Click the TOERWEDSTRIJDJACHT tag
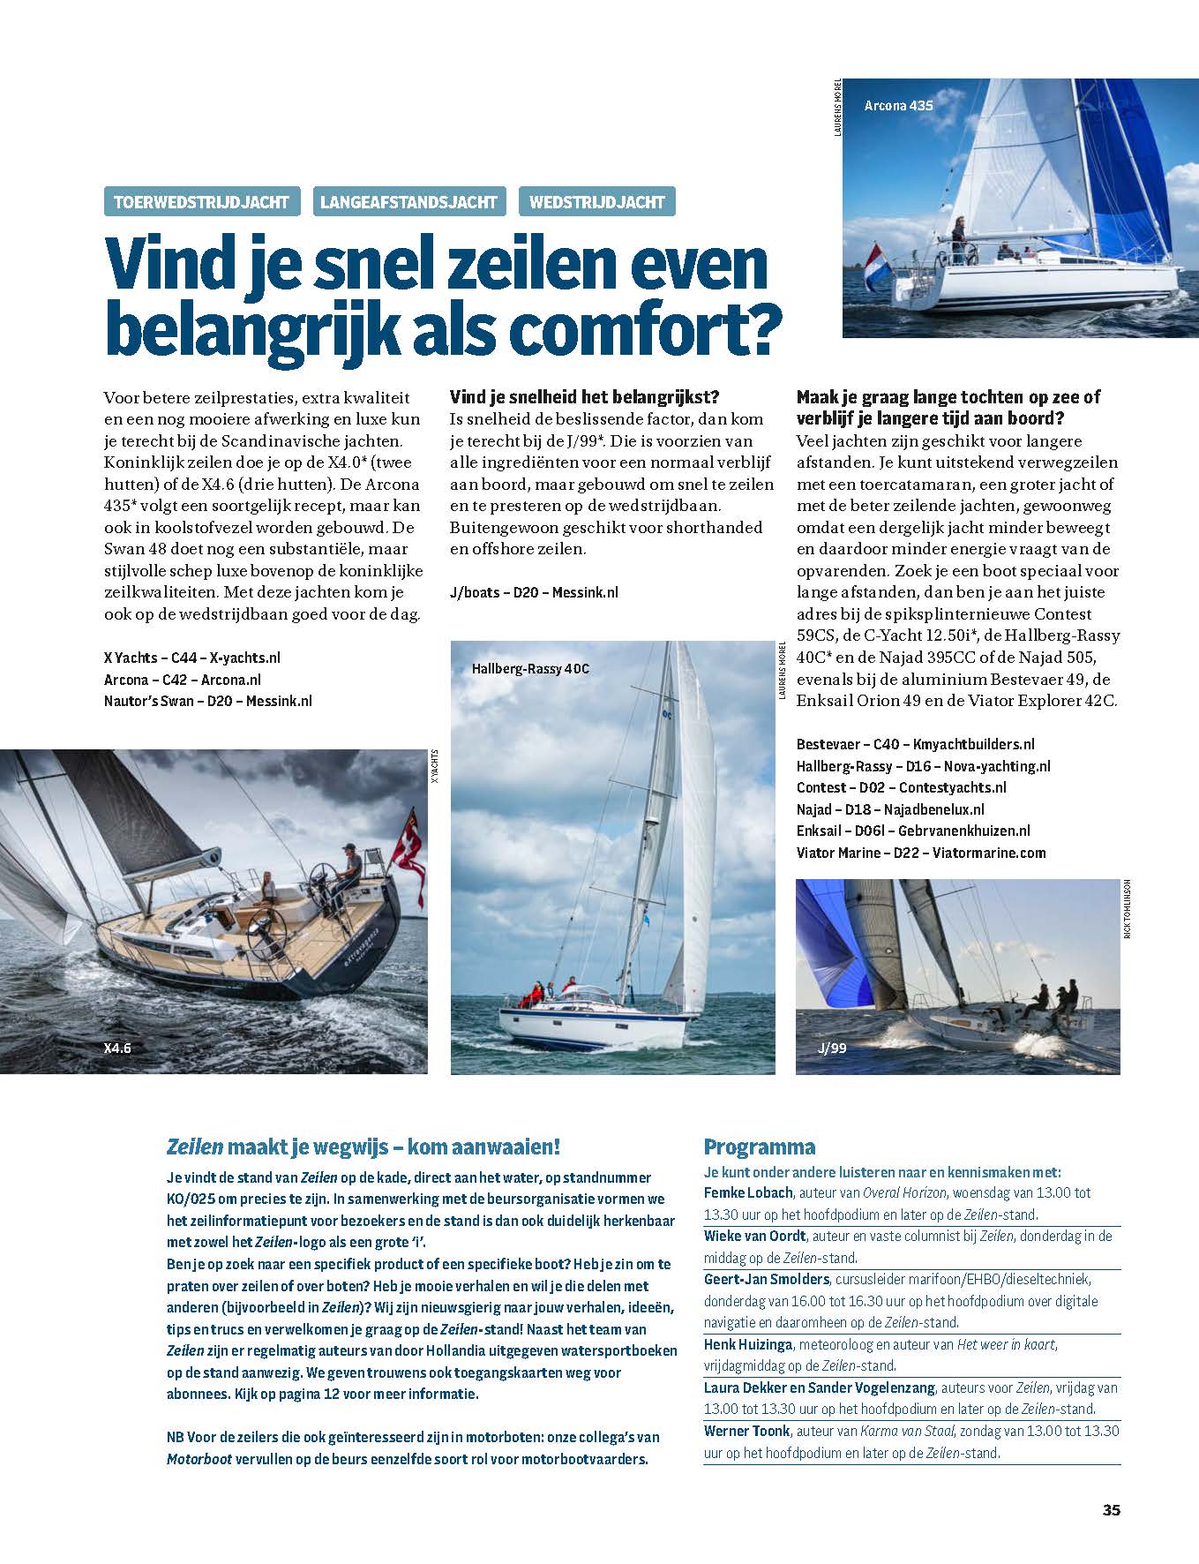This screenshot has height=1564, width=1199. [202, 202]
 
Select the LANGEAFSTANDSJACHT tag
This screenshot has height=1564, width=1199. [409, 202]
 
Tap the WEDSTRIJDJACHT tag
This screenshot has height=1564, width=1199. [597, 202]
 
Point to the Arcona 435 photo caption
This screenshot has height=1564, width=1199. [898, 105]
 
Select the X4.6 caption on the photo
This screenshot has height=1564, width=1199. [117, 1049]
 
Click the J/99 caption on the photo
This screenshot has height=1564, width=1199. [832, 1049]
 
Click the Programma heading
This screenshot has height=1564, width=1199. [759, 1147]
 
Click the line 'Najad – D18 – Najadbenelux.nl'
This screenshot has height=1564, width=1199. [889, 809]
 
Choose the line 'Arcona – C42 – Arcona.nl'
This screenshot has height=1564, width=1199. [182, 680]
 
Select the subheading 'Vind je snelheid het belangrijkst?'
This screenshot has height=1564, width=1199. [590, 397]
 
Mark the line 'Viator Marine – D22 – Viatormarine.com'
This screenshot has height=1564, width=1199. [920, 853]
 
